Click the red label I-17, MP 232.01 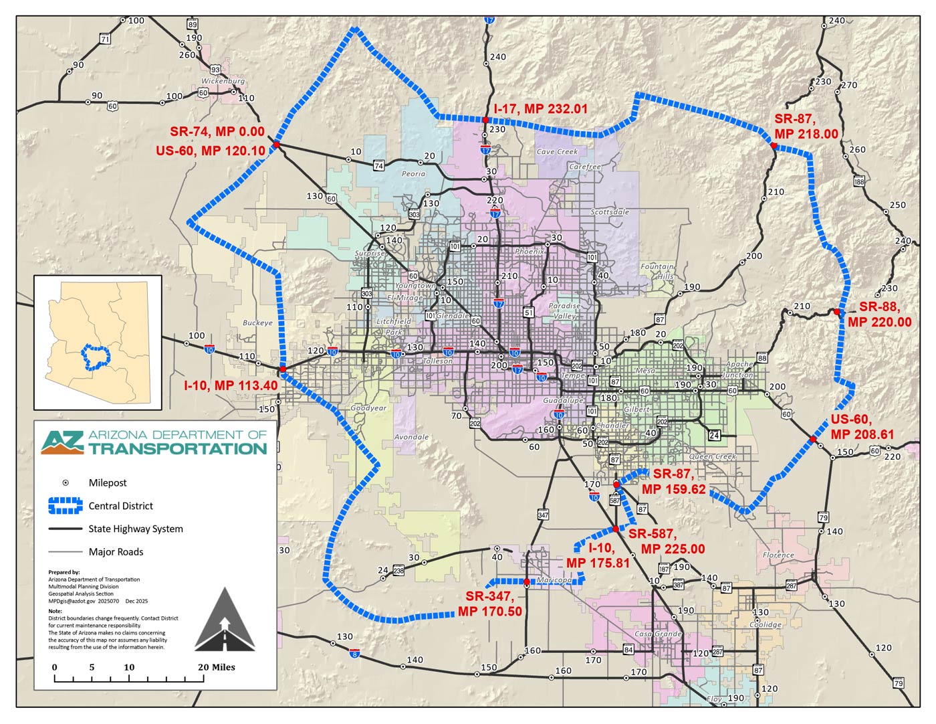(x=540, y=108)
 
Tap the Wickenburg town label (x=223, y=81)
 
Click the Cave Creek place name (x=557, y=151)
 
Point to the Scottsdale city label (x=609, y=211)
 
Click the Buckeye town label (x=257, y=323)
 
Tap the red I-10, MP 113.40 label (x=231, y=385)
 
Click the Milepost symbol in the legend (x=66, y=482)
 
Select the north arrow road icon (x=225, y=620)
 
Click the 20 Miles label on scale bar (x=216, y=667)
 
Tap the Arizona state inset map (x=98, y=341)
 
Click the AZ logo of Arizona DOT (x=62, y=442)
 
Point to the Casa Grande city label (x=658, y=634)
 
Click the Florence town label (x=778, y=555)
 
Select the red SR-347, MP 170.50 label (x=489, y=604)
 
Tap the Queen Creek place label (x=712, y=456)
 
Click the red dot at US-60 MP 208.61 (x=813, y=439)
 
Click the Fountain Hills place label (x=657, y=271)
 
